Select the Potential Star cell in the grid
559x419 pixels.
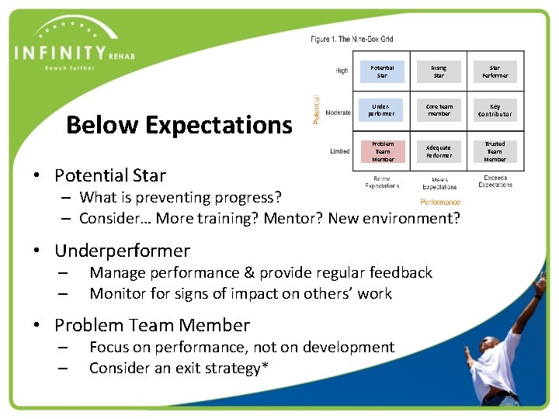382,71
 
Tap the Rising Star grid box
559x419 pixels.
439,71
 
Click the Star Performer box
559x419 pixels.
495,71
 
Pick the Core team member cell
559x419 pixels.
439,110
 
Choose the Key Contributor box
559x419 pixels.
495,110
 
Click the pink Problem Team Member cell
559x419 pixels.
382,151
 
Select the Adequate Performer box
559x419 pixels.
439,151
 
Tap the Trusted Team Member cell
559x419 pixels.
495,151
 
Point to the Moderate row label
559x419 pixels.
338,113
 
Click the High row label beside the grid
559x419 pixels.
342,71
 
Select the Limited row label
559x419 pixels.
340,151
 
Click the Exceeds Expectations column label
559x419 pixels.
495,182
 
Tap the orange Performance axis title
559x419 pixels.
440,202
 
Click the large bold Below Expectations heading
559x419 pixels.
179,125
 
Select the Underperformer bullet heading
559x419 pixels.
122,251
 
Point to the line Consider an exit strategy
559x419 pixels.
179,368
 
